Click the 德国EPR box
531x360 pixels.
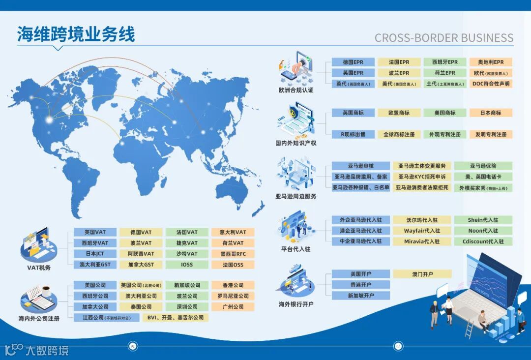tap(353, 62)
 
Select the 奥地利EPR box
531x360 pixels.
tap(491, 62)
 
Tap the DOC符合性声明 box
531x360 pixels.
tap(491, 84)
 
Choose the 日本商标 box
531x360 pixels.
tap(491, 113)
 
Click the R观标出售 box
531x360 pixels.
tap(353, 134)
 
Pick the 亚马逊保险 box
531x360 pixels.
tap(483, 166)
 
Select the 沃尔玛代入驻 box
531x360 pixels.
tap(421, 220)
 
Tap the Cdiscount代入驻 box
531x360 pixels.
tap(483, 242)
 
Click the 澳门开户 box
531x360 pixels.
tap(421, 274)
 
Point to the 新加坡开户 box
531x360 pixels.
tap(360, 296)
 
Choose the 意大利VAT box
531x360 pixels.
tap(233, 232)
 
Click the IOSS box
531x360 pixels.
tap(187, 265)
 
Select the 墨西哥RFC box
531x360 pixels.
tap(233, 254)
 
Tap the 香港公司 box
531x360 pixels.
tap(233, 285)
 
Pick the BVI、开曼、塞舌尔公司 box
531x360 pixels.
tap(176, 318)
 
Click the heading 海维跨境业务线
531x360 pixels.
tap(76, 34)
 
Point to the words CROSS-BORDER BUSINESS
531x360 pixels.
tap(443, 38)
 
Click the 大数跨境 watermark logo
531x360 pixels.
tap(37, 351)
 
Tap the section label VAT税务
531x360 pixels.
tap(39, 268)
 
